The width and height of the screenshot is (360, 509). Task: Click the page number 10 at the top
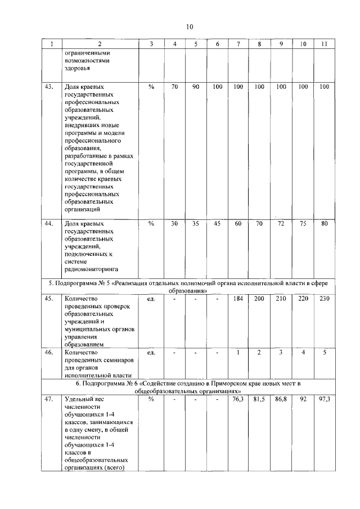(x=190, y=26)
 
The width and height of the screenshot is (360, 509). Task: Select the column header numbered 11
(x=324, y=44)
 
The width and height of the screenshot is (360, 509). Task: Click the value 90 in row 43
(x=196, y=87)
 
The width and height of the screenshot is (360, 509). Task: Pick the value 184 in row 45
(x=238, y=299)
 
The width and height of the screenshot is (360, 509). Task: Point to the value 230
(x=324, y=299)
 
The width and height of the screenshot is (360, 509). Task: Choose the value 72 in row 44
(x=281, y=223)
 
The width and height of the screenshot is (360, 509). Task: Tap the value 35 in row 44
(x=196, y=223)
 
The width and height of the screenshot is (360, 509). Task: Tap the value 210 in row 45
(x=281, y=299)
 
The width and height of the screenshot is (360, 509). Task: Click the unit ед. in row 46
(x=151, y=353)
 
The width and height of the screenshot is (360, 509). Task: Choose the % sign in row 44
(x=151, y=223)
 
